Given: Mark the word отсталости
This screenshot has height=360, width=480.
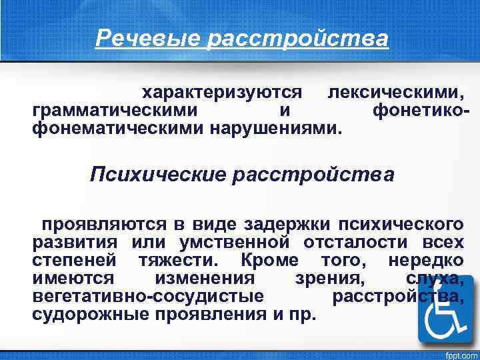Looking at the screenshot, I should tap(357, 240).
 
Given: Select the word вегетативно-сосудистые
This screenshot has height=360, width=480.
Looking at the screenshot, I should tap(147, 294).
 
